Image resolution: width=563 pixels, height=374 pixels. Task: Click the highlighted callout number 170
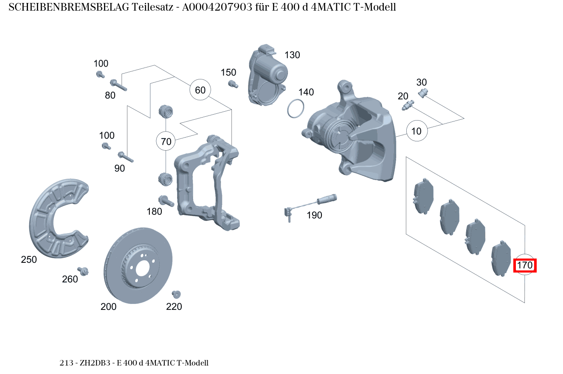525,265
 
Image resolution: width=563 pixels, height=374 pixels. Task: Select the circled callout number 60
200,90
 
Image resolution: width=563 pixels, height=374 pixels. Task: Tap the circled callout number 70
166,141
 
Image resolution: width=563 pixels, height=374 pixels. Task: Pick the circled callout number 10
417,131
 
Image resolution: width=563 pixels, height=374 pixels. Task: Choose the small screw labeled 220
176,294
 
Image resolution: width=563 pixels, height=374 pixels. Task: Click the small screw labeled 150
232,84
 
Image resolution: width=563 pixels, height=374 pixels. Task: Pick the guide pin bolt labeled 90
125,157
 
